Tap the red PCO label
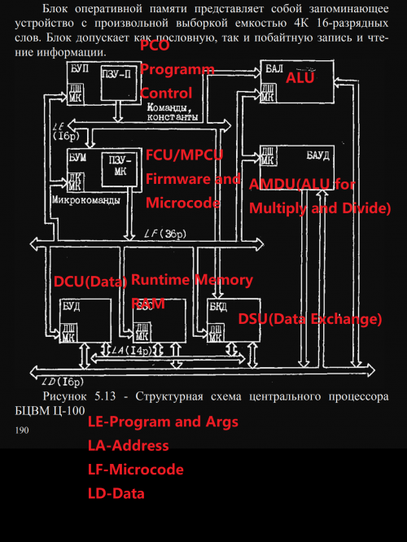[155, 46]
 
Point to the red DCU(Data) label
[90, 282]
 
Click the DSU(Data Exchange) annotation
[309, 319]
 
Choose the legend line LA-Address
[128, 445]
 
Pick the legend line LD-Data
[116, 493]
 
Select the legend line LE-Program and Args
[163, 422]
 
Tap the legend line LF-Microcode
[135, 470]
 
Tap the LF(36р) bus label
[163, 235]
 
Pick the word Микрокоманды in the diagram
[85, 199]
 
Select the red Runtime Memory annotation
[192, 279]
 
